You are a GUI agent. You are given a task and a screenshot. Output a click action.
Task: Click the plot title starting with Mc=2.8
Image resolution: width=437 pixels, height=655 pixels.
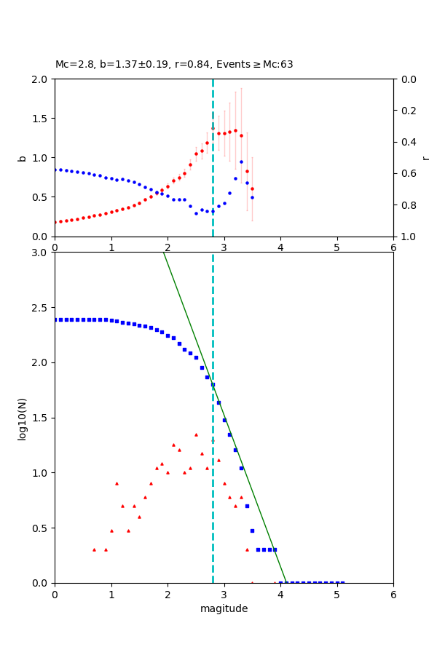click(x=174, y=64)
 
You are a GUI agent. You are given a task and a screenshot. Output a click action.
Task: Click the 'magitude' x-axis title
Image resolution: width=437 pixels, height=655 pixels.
click(x=224, y=608)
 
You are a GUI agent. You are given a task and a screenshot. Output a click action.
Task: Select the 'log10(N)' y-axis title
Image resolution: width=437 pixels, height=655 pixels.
click(x=22, y=418)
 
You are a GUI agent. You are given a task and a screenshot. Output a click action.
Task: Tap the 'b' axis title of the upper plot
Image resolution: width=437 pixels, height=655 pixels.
click(x=22, y=157)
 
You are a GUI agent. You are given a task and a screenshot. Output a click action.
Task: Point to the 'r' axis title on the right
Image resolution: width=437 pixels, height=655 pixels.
click(x=425, y=157)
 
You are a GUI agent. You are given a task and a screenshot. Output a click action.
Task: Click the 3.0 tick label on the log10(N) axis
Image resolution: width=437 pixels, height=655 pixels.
click(x=41, y=252)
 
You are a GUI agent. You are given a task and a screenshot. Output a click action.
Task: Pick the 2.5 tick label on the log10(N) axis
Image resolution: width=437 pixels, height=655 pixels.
click(x=41, y=307)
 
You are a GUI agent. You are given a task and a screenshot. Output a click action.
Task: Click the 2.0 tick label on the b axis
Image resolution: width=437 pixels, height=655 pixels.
click(x=41, y=79)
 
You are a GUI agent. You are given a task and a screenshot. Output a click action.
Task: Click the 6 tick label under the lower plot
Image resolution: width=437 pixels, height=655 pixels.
click(x=393, y=594)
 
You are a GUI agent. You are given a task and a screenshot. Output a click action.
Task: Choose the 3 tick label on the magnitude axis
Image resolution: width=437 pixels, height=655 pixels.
click(x=224, y=594)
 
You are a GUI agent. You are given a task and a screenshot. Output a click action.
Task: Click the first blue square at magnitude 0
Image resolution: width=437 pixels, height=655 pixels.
click(x=55, y=319)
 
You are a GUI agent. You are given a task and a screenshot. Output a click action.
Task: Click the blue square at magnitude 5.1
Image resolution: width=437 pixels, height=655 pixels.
click(x=342, y=582)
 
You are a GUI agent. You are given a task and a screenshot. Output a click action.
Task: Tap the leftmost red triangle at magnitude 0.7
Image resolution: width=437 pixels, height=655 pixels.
click(x=94, y=549)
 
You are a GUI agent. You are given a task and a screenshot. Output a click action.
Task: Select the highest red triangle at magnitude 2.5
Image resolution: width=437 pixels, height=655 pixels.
click(x=196, y=434)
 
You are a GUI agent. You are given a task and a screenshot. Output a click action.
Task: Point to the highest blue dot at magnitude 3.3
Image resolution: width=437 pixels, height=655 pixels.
click(x=241, y=162)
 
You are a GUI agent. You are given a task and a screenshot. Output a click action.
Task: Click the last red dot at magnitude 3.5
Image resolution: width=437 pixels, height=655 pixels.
click(x=252, y=188)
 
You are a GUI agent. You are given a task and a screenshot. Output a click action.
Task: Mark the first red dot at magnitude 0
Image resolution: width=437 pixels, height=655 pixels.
click(x=55, y=222)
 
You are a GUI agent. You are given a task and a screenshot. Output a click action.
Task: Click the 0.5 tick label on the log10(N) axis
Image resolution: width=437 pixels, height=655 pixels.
click(x=41, y=528)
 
